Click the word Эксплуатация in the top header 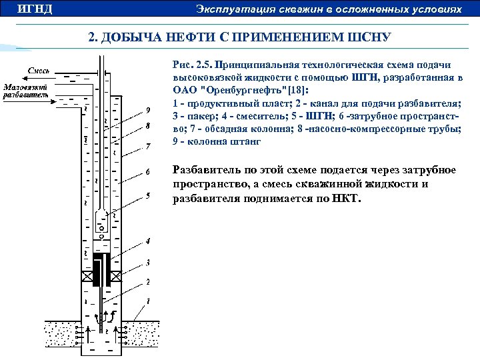(230, 9)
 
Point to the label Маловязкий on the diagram (26, 87)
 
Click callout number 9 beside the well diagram (147, 110)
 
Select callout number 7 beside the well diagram (147, 145)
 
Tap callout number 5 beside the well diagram (147, 196)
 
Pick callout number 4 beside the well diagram (147, 239)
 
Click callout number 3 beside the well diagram (147, 262)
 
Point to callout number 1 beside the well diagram (147, 301)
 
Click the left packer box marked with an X (87, 276)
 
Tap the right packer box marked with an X (117, 276)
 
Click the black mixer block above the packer (102, 267)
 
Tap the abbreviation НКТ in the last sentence (344, 197)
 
